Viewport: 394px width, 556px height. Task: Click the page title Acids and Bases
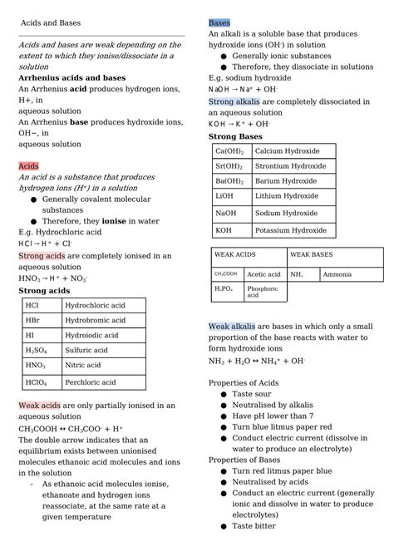click(x=51, y=22)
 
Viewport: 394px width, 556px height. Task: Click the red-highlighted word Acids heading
click(x=29, y=166)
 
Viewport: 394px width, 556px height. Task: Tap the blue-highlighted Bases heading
click(x=219, y=22)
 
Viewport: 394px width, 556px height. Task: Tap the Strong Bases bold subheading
click(x=235, y=135)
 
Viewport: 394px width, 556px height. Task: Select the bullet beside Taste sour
click(x=224, y=394)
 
